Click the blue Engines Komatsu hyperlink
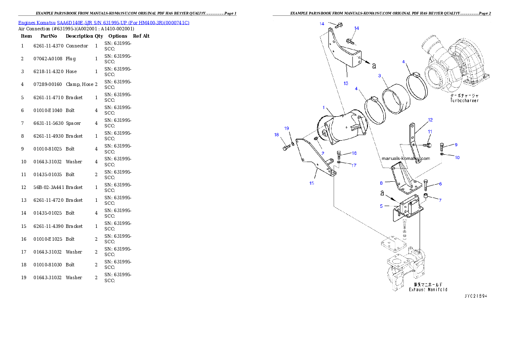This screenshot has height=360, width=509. pos(104,22)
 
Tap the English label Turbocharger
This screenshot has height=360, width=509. pos(464,101)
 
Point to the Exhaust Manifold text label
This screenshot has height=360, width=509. pos(428,289)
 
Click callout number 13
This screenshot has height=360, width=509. pos(346,83)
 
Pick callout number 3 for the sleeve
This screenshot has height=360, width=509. pos(379,76)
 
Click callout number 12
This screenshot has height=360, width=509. pos(430,120)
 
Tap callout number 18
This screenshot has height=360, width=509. pos(277,135)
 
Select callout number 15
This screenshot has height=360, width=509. pos(311,183)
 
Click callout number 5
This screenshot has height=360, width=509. pos(381,206)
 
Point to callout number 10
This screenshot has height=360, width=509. pos(457,157)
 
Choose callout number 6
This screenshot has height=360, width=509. pos(440,184)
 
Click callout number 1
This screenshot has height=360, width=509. pos(324,107)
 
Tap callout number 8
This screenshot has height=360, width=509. pos(381,182)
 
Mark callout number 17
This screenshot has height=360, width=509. pos(354,165)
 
